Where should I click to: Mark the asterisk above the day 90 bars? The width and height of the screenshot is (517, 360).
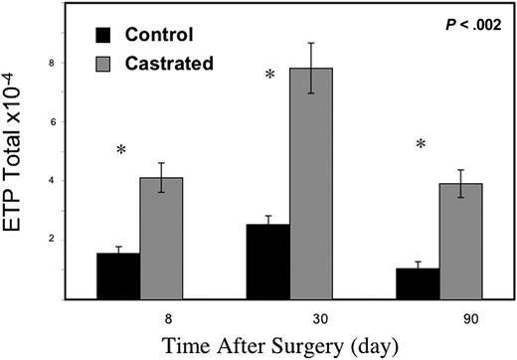(x=421, y=145)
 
